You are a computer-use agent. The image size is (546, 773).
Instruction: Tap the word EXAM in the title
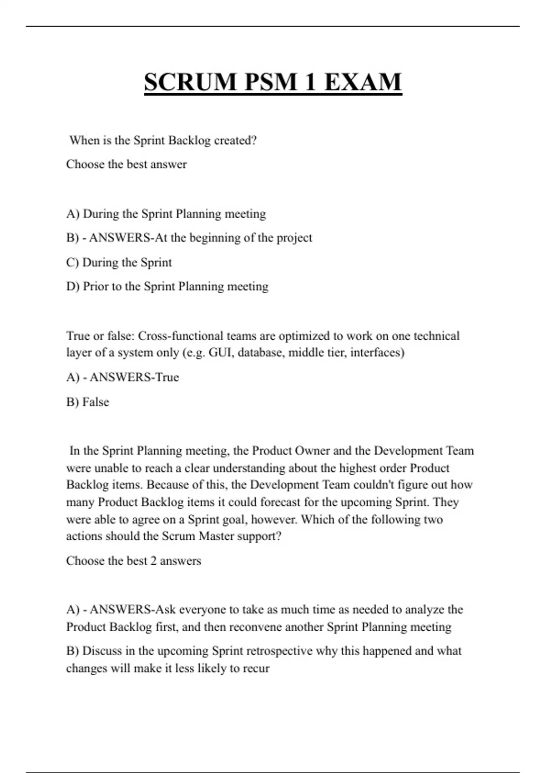click(363, 82)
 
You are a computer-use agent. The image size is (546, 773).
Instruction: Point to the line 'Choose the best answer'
click(126, 164)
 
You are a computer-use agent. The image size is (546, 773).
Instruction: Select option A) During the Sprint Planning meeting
click(166, 214)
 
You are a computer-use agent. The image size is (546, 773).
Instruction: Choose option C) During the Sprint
click(119, 262)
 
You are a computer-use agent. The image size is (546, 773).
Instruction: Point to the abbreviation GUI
click(220, 352)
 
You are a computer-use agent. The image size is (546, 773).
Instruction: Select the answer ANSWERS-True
click(134, 377)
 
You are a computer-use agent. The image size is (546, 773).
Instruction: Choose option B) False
click(88, 402)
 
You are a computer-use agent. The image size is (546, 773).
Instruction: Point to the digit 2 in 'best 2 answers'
click(153, 561)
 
